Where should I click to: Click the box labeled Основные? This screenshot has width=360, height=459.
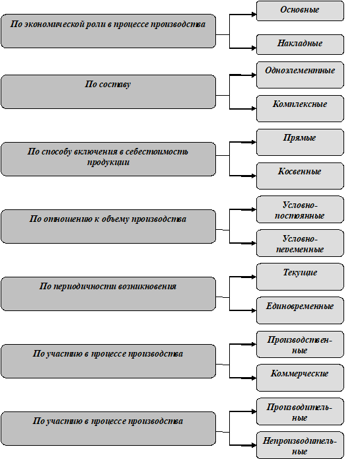click(300, 11)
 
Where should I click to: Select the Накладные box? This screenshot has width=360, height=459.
click(300, 44)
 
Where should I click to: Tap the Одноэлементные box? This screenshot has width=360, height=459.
click(300, 75)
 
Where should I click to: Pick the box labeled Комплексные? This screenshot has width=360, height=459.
click(300, 108)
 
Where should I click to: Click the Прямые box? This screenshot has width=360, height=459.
click(300, 142)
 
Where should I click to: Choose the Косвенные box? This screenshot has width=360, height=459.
click(300, 176)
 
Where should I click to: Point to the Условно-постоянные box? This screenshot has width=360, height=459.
click(300, 209)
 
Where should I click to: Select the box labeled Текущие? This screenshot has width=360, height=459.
click(300, 277)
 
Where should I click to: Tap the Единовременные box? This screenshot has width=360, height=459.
click(300, 310)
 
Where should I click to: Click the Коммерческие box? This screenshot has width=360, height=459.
click(300, 378)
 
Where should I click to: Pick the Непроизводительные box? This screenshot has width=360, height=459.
click(300, 445)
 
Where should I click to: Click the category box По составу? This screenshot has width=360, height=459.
click(108, 92)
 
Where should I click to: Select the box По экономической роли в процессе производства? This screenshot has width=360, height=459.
click(108, 31)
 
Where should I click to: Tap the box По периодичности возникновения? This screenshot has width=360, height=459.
click(108, 294)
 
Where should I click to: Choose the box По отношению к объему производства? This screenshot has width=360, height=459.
click(108, 227)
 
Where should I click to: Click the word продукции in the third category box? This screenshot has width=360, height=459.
click(108, 162)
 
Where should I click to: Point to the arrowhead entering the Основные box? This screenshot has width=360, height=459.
click(254, 14)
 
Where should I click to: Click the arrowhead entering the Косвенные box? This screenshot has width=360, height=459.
click(254, 176)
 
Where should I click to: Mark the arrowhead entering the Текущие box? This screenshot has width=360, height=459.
click(254, 277)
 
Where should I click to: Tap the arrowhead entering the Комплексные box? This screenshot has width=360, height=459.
click(254, 108)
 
